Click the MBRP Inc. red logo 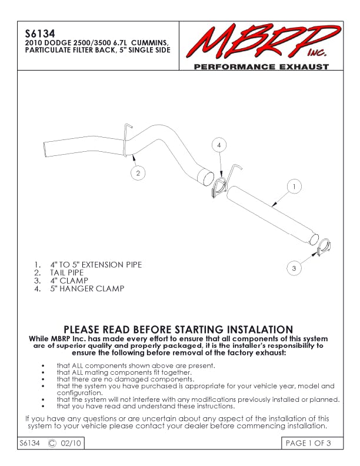(x=259, y=42)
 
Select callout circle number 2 (x=137, y=173)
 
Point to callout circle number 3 (x=294, y=268)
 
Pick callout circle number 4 (x=218, y=144)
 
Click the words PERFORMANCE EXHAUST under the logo (x=261, y=67)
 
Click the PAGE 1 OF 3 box (x=309, y=443)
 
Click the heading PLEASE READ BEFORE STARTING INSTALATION (x=178, y=329)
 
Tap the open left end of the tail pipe (x=47, y=147)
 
